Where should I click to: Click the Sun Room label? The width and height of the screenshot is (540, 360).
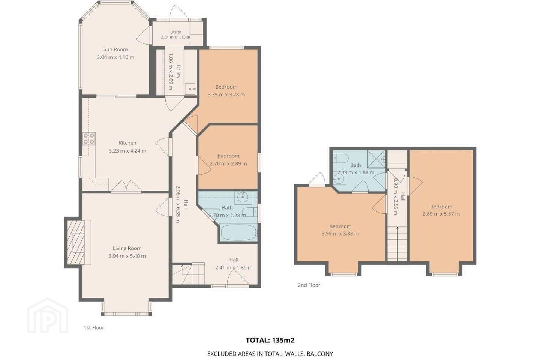coord(115,49)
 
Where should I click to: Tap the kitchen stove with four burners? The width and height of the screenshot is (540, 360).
coord(89,139)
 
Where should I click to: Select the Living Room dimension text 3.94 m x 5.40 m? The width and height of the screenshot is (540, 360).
coord(127,256)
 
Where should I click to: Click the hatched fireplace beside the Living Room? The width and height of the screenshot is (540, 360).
coord(76,243)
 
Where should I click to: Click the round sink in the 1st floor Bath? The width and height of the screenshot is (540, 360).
coord(243,198)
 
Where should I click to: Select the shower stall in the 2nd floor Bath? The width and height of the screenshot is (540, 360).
coord(376,159)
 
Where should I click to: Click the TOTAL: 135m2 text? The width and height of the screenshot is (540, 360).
coord(270,340)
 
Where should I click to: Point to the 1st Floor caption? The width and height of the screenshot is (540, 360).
coord(94,327)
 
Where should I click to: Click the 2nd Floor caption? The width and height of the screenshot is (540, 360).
coord(309,285)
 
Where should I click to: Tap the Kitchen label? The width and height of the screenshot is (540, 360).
coord(127,143)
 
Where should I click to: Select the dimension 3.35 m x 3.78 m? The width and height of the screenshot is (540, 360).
coord(226,94)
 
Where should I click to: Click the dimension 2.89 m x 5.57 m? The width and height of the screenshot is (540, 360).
coord(441,214)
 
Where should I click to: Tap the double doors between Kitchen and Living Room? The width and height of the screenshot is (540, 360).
coord(126,186)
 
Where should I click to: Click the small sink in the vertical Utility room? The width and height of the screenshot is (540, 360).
coord(190,89)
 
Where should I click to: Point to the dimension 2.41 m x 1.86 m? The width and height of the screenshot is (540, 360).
coord(234,267)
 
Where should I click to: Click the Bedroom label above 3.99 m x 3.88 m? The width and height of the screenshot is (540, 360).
coord(340,226)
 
